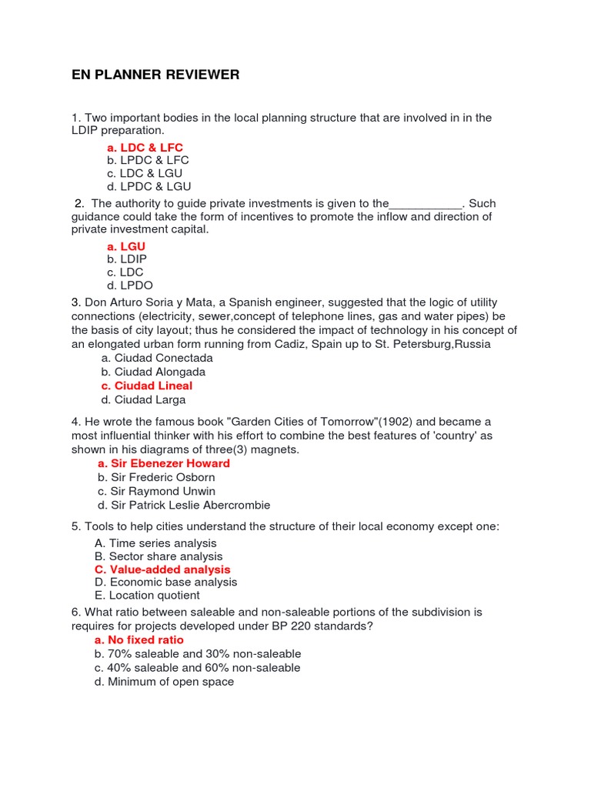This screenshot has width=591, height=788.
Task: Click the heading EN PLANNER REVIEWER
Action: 155,75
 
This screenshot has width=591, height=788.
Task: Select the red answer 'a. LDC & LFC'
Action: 145,147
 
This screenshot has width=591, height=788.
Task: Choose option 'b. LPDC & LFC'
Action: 148,160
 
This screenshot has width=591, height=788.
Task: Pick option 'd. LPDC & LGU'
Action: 149,186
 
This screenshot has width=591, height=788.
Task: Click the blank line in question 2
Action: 426,205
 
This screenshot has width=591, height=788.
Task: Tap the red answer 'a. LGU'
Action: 126,246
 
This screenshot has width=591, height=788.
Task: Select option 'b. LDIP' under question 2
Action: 127,259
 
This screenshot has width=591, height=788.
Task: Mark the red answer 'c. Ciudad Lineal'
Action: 146,386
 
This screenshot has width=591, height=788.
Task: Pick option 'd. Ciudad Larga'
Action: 143,399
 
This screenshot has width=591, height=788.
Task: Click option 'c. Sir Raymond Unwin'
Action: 156,491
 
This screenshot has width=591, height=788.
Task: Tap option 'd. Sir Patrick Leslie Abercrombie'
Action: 184,505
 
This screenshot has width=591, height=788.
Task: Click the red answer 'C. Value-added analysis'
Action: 162,569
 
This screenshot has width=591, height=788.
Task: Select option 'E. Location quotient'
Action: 147,595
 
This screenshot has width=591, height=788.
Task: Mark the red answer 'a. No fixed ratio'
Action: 139,639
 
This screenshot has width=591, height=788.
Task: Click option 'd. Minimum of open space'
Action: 164,682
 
